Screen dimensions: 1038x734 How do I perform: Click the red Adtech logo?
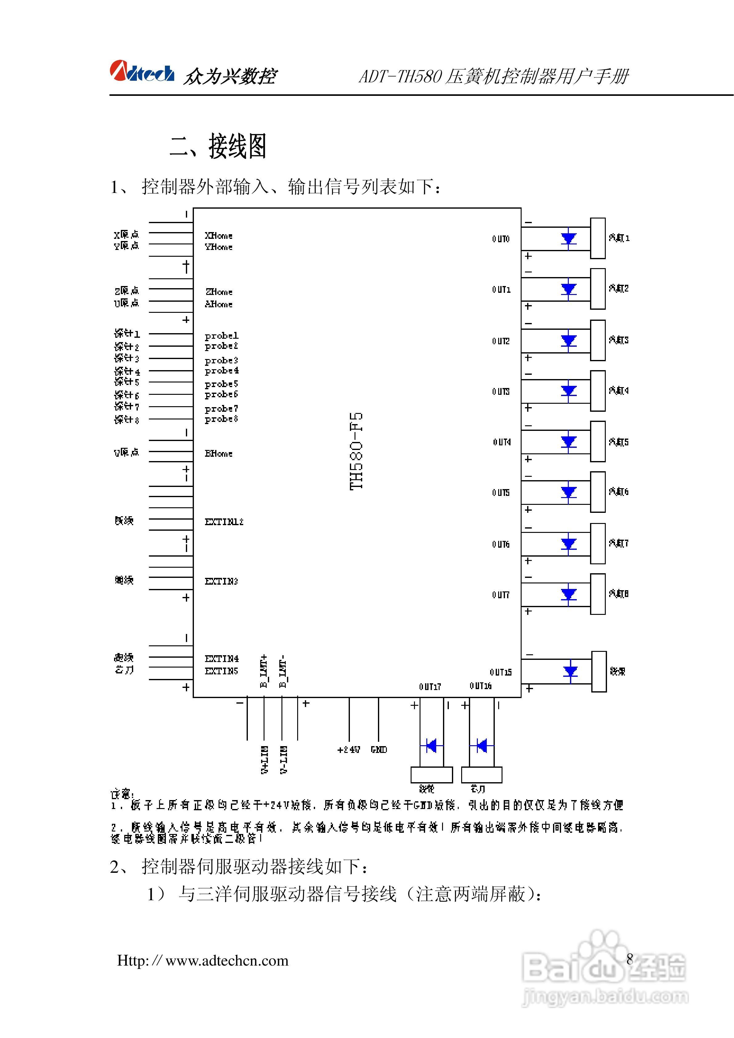pos(141,72)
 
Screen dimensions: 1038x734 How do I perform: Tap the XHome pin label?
pos(219,235)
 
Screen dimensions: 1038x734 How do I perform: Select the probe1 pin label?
pos(221,335)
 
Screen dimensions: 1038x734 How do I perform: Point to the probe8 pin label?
pos(221,419)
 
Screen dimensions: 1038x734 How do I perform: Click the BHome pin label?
pos(219,453)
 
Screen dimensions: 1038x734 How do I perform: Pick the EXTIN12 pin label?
pos(224,522)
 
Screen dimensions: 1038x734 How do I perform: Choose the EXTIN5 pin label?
pos(221,671)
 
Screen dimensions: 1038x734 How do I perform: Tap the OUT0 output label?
pos(501,239)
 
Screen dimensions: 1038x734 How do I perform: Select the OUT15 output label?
pos(500,672)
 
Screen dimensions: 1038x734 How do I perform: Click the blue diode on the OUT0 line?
pos(568,238)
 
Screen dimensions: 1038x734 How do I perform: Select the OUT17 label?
pos(430,687)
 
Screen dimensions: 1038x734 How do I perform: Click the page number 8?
pos(629,958)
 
